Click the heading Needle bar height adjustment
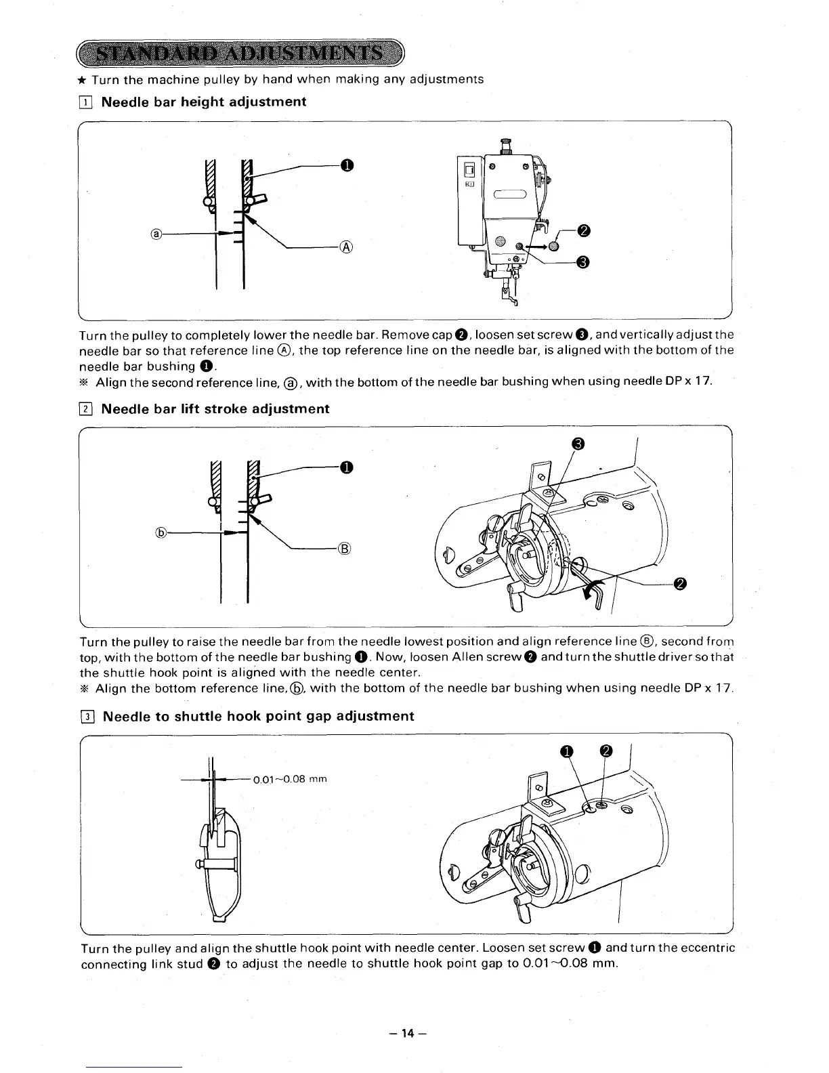click(x=203, y=102)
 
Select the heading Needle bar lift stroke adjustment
click(x=215, y=409)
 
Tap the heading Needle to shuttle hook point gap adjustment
click(x=258, y=717)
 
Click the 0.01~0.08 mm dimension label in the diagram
click(x=290, y=779)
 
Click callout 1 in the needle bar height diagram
click(x=346, y=165)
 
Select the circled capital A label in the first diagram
click(x=345, y=247)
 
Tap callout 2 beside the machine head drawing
click(x=584, y=232)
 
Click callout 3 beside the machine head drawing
click(x=584, y=263)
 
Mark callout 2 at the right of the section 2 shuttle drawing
click(x=681, y=585)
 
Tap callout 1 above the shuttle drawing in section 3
click(x=567, y=751)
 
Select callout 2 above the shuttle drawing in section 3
click(x=606, y=751)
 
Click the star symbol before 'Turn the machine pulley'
click(x=84, y=80)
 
